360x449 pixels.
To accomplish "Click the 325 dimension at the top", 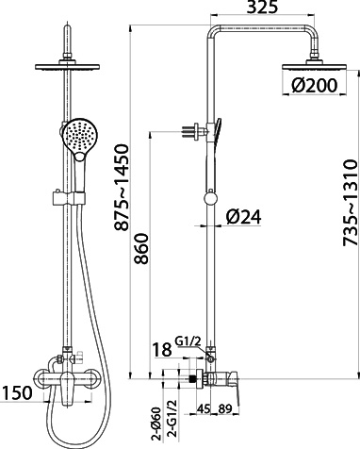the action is pos(262,7).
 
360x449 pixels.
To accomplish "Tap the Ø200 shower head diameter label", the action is pos(314,85).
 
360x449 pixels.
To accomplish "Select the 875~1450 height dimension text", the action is pos(122,188).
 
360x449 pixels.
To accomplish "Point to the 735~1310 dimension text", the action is pos(351,203).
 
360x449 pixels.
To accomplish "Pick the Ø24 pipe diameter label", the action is pos(244,217).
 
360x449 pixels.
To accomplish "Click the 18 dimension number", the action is pos(162,349).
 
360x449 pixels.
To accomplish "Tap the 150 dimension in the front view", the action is pos(17,392).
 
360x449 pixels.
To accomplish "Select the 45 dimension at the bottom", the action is pos(204,408).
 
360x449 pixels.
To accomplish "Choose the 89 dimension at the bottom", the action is pos(225,408).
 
